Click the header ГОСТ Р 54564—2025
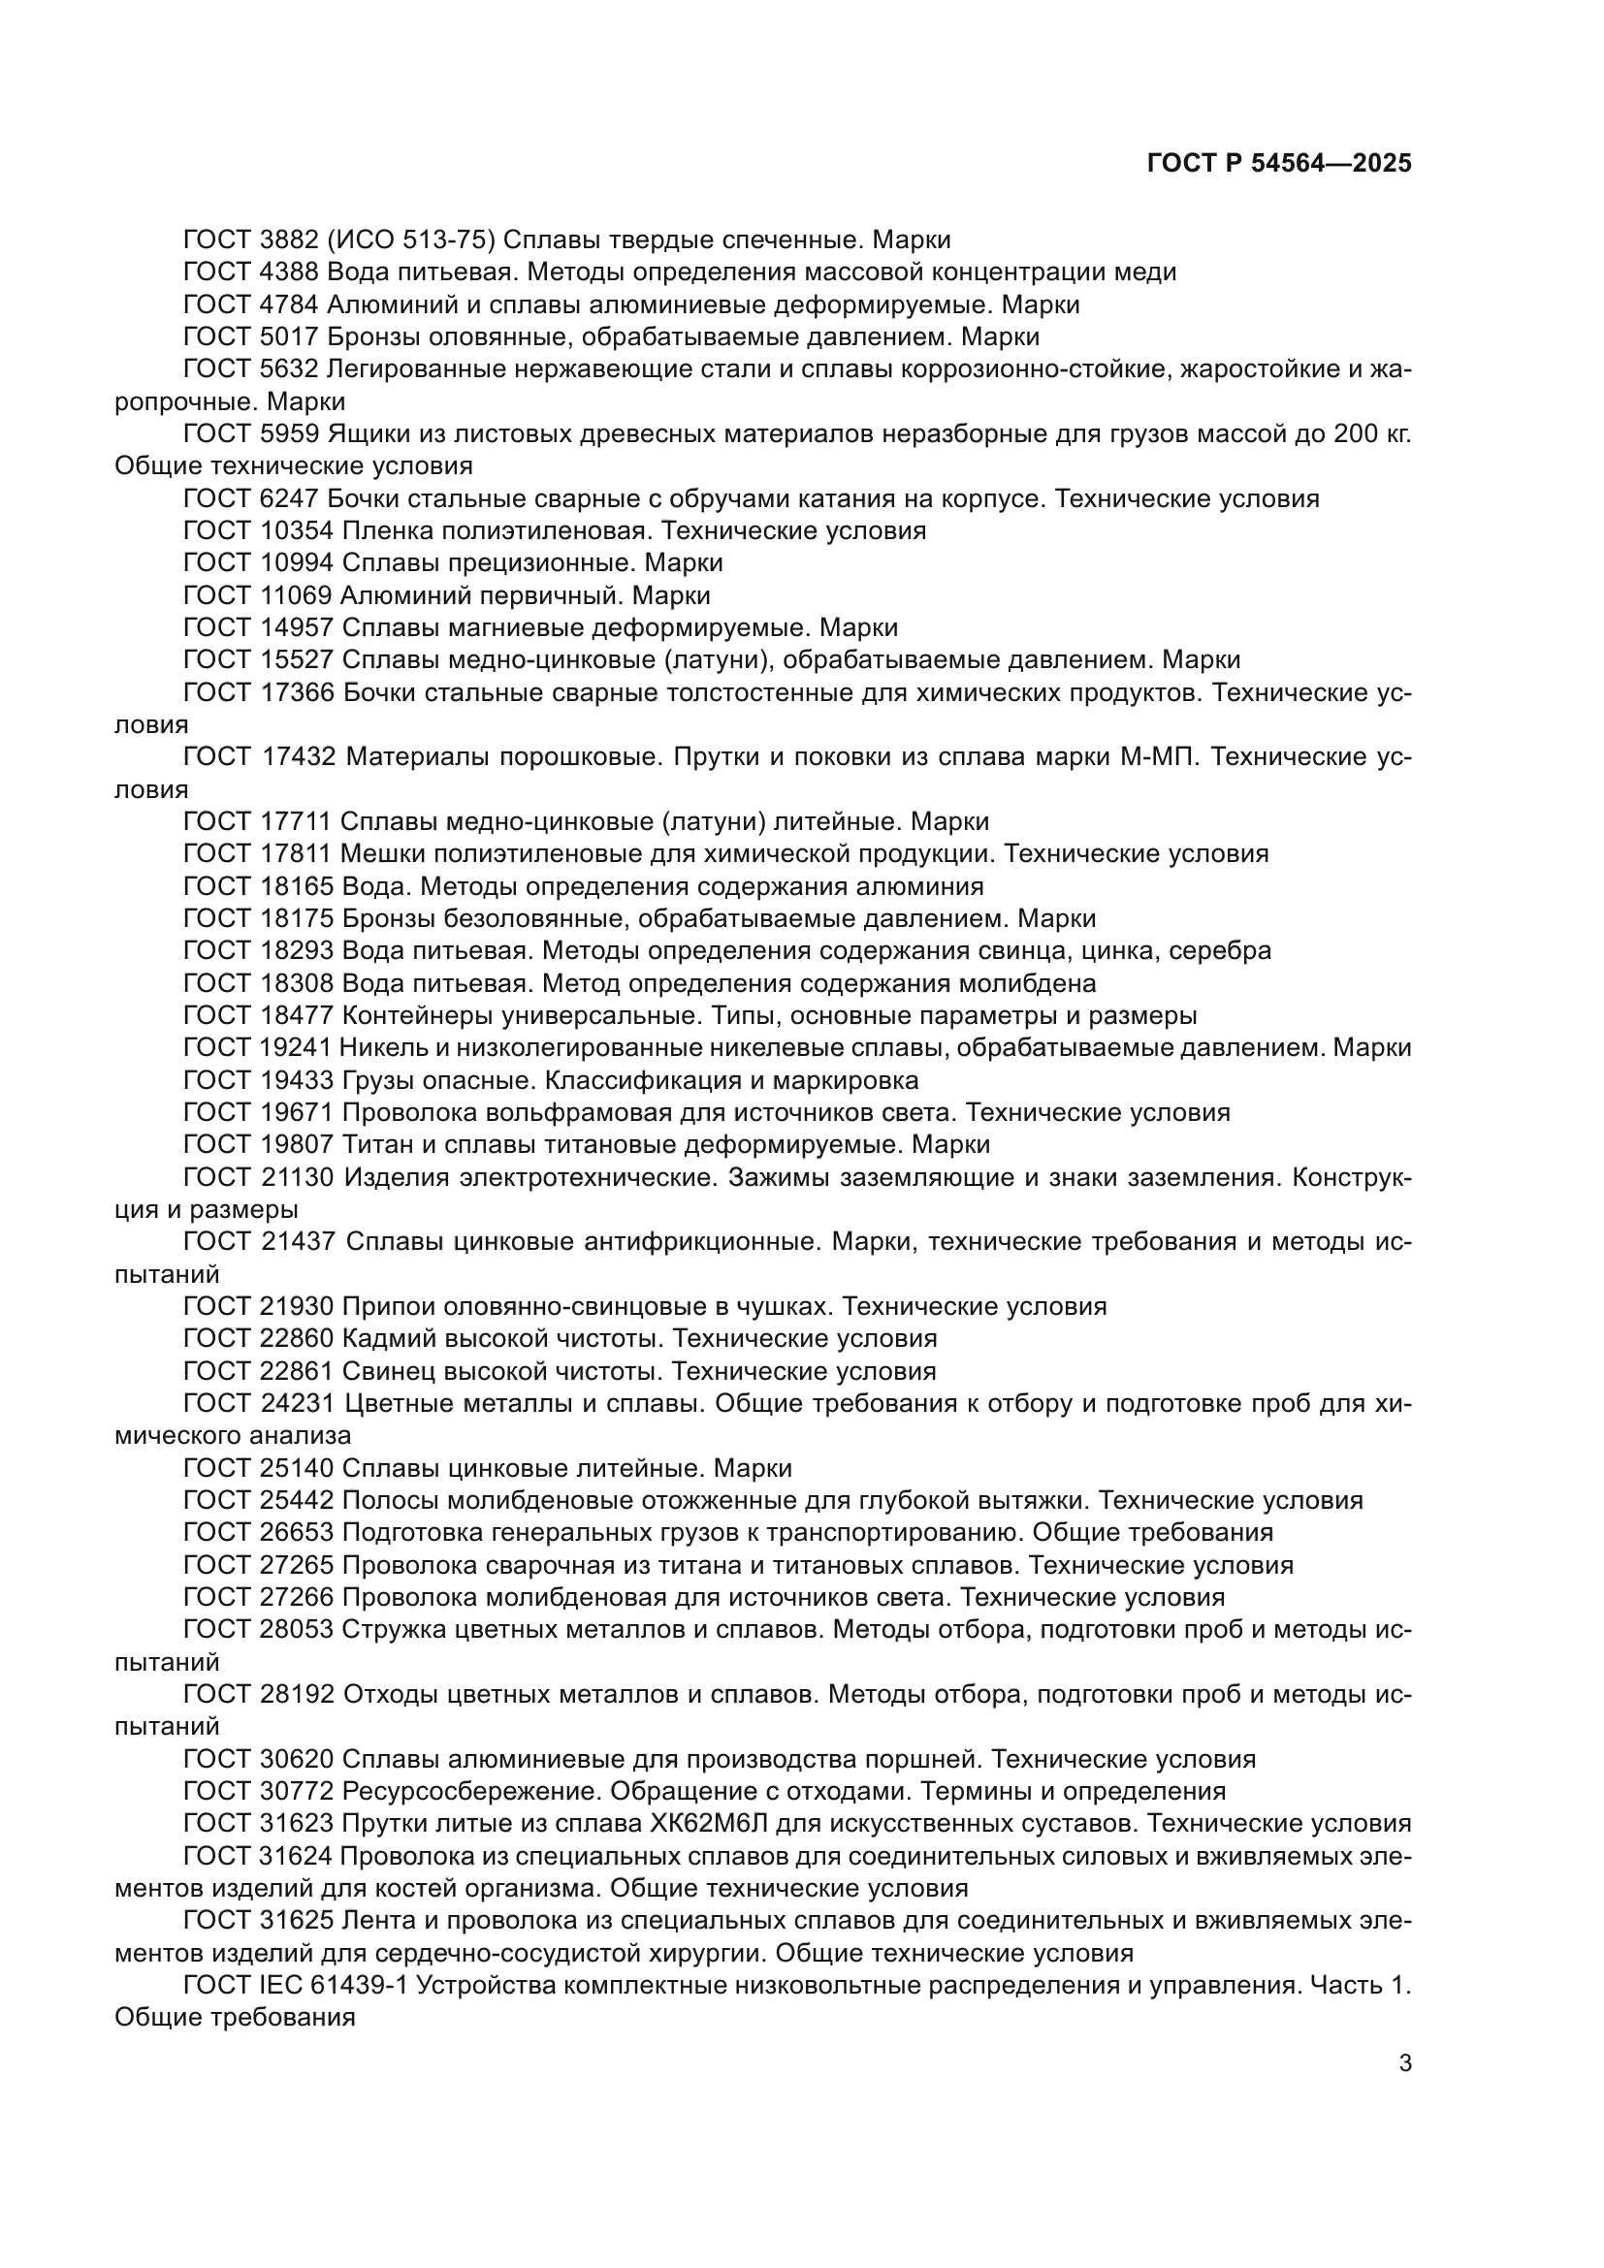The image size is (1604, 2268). pyautogui.click(x=1279, y=164)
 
